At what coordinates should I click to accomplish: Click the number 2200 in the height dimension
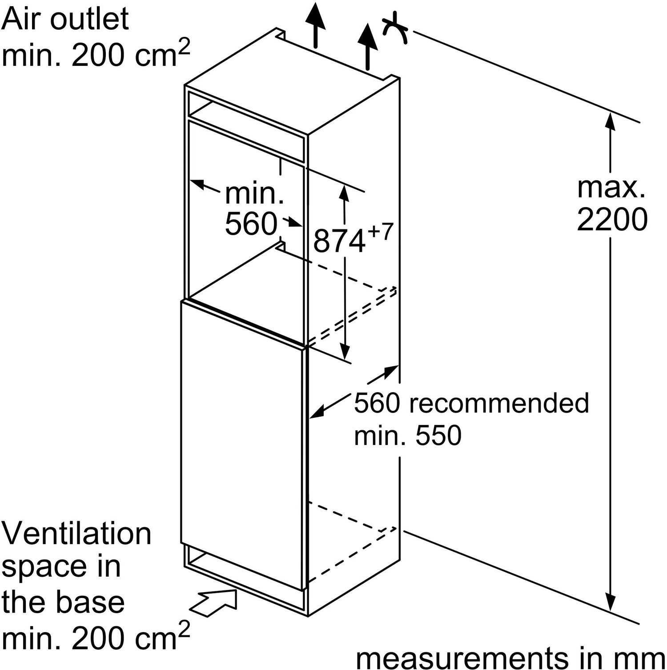click(612, 219)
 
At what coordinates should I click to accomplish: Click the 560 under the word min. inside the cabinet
click(251, 224)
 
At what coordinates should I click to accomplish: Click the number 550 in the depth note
click(438, 435)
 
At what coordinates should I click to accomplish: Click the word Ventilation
click(76, 534)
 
